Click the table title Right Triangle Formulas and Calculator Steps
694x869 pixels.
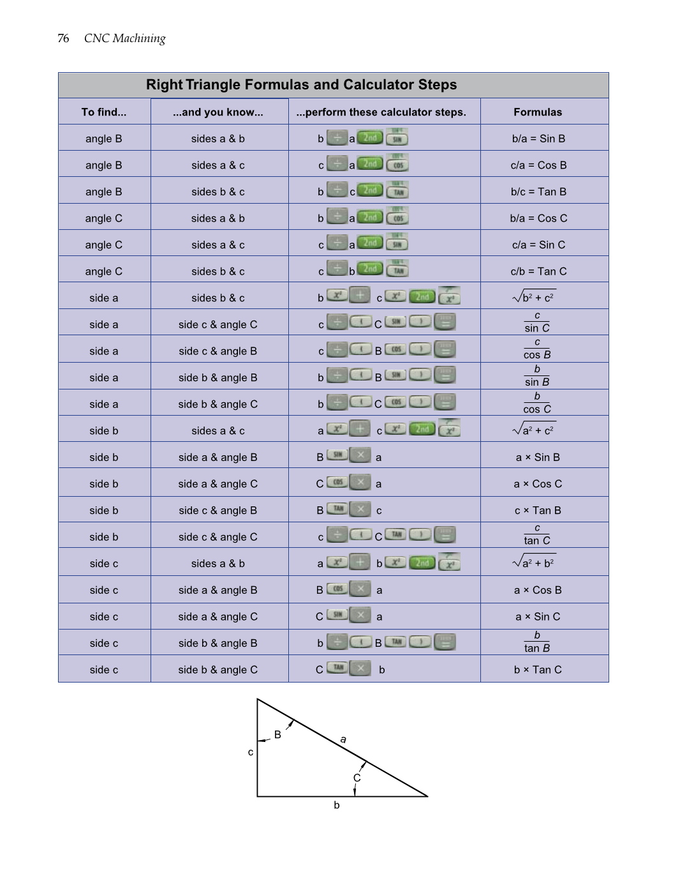point(301,85)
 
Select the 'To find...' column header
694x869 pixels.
point(104,112)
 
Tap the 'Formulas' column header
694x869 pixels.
point(538,112)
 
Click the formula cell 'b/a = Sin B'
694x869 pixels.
point(538,139)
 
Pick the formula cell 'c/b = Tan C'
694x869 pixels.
point(538,271)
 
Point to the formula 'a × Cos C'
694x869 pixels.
point(538,484)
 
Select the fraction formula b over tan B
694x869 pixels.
point(537,642)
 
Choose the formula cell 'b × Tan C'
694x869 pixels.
point(538,670)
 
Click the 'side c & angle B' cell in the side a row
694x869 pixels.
point(218,351)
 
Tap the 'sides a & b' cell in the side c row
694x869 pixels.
point(218,564)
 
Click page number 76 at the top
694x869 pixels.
point(63,38)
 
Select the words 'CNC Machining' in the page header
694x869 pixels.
point(125,38)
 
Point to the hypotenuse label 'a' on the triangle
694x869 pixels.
point(343,739)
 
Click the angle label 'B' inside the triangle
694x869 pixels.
point(277,735)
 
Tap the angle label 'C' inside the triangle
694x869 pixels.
point(357,778)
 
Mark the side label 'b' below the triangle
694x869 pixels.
point(337,805)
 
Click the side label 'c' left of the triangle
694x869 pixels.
point(251,752)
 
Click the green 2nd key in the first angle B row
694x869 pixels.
point(370,137)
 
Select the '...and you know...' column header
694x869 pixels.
point(218,112)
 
